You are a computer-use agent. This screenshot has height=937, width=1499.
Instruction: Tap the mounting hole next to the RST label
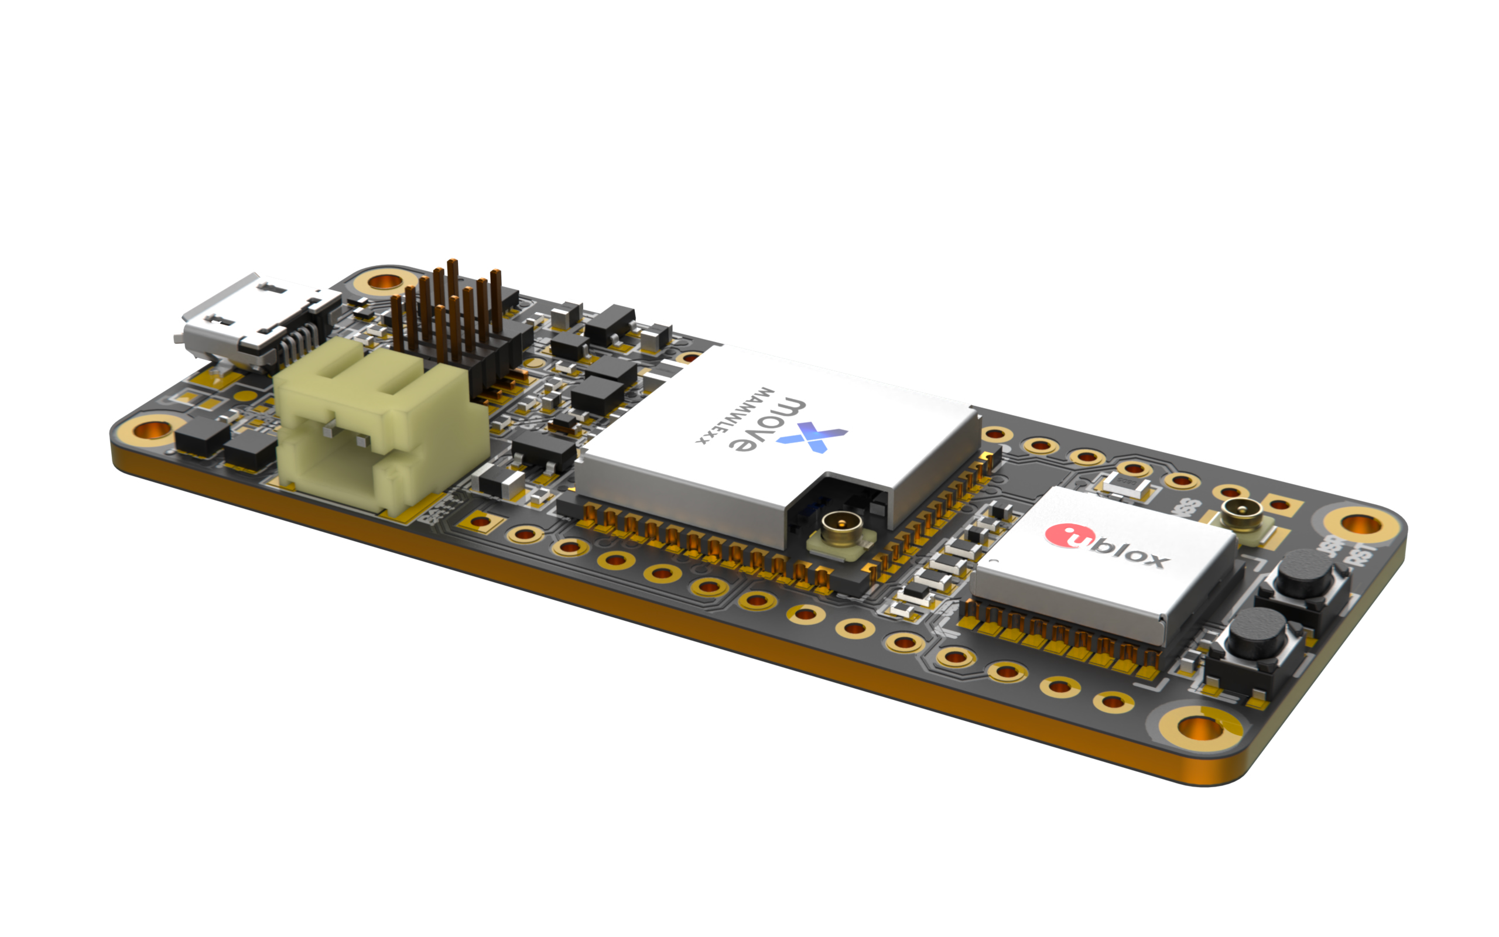click(1360, 524)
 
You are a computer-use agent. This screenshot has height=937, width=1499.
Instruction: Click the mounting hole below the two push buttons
click(1200, 727)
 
